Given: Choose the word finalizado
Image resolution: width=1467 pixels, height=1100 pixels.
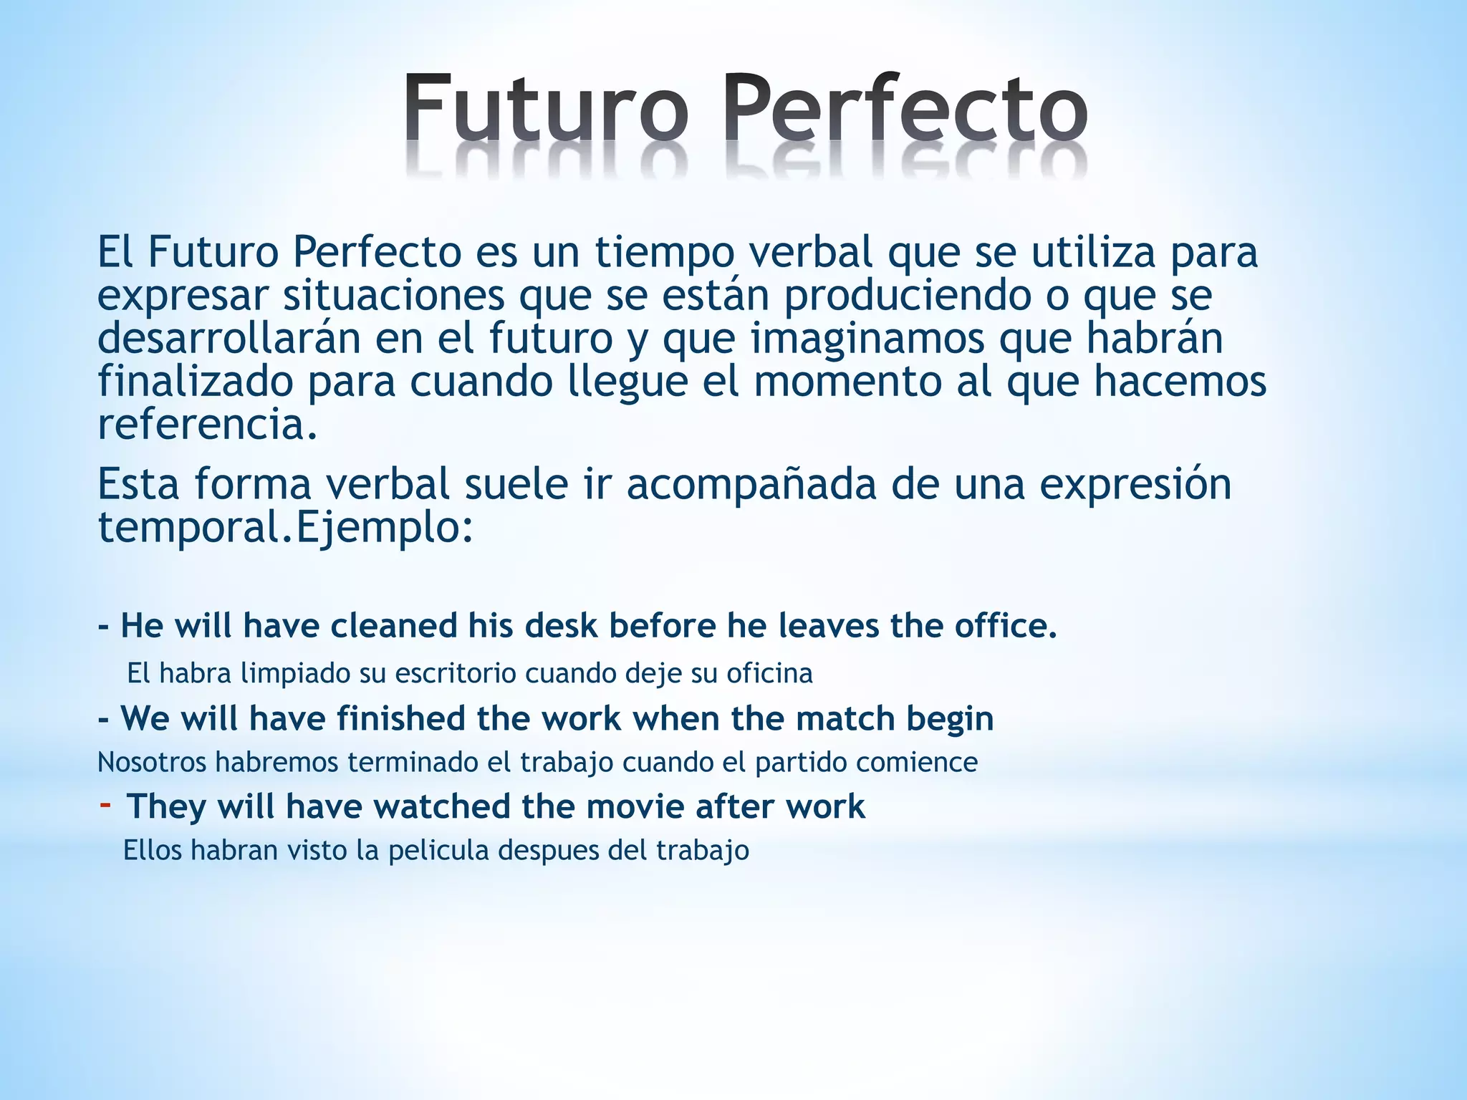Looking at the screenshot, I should (x=196, y=381).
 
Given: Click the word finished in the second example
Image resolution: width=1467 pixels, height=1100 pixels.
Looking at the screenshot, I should (x=402, y=718).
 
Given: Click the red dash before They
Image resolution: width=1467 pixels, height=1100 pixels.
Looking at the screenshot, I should (x=105, y=805).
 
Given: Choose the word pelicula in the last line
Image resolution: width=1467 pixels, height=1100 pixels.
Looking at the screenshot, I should (x=439, y=850).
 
